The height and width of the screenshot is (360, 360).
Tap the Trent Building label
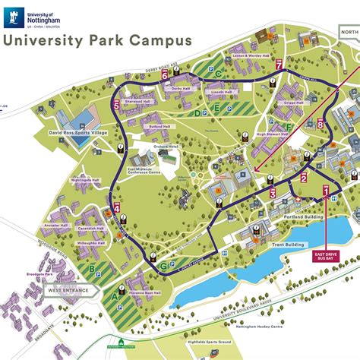(289, 245)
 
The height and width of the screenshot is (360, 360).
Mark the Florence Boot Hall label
(144, 293)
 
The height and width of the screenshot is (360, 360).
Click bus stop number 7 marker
(279, 65)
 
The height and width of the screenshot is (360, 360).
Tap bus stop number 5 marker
(116, 106)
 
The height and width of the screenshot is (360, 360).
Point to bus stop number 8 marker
(321, 125)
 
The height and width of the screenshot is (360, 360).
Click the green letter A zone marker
(115, 295)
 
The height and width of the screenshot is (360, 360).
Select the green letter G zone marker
(163, 266)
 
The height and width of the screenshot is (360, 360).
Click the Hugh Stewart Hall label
(270, 134)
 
